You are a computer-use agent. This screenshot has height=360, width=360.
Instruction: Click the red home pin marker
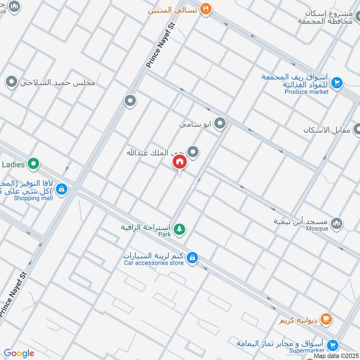(180, 162)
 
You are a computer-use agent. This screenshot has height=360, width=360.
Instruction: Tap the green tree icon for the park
(180, 229)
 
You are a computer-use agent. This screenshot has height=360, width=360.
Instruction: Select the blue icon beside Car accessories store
(192, 257)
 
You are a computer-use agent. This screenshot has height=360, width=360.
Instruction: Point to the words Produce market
(306, 92)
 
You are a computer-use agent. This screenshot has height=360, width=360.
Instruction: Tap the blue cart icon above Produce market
(337, 83)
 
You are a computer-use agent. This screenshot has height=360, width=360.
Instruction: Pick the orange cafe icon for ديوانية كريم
(327, 320)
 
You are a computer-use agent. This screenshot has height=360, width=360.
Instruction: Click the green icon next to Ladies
(32, 164)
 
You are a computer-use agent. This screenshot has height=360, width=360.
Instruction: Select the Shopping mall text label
(33, 198)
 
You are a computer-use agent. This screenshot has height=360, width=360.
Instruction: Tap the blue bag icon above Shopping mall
(62, 189)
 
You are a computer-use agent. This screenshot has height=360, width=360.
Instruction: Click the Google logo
(19, 354)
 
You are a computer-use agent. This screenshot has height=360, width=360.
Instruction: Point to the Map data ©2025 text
(336, 356)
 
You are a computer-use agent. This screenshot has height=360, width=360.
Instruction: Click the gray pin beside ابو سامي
(220, 123)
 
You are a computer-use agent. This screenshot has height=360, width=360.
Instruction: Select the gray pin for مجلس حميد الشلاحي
(11, 82)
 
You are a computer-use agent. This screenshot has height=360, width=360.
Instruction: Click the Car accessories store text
(153, 263)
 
